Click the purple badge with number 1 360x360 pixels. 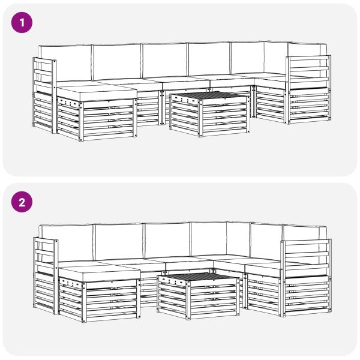pos(22,23)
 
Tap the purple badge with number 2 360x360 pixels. pos(22,202)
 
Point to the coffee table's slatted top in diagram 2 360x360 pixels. pos(198,276)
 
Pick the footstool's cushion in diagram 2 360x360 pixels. pos(99,273)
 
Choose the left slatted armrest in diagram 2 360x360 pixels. pos(46,276)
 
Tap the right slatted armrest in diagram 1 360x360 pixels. pos(308,89)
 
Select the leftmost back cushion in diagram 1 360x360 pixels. pos(65,62)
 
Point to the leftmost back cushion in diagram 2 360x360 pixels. pos(66,244)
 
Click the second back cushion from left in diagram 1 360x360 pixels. pos(117,62)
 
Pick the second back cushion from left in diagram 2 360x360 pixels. pos(119,242)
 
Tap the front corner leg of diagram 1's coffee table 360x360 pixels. pos(200,118)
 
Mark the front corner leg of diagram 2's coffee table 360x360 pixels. pos(188,301)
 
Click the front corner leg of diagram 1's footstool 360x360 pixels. pos(81,121)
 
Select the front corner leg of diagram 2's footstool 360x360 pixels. pos(84,302)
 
